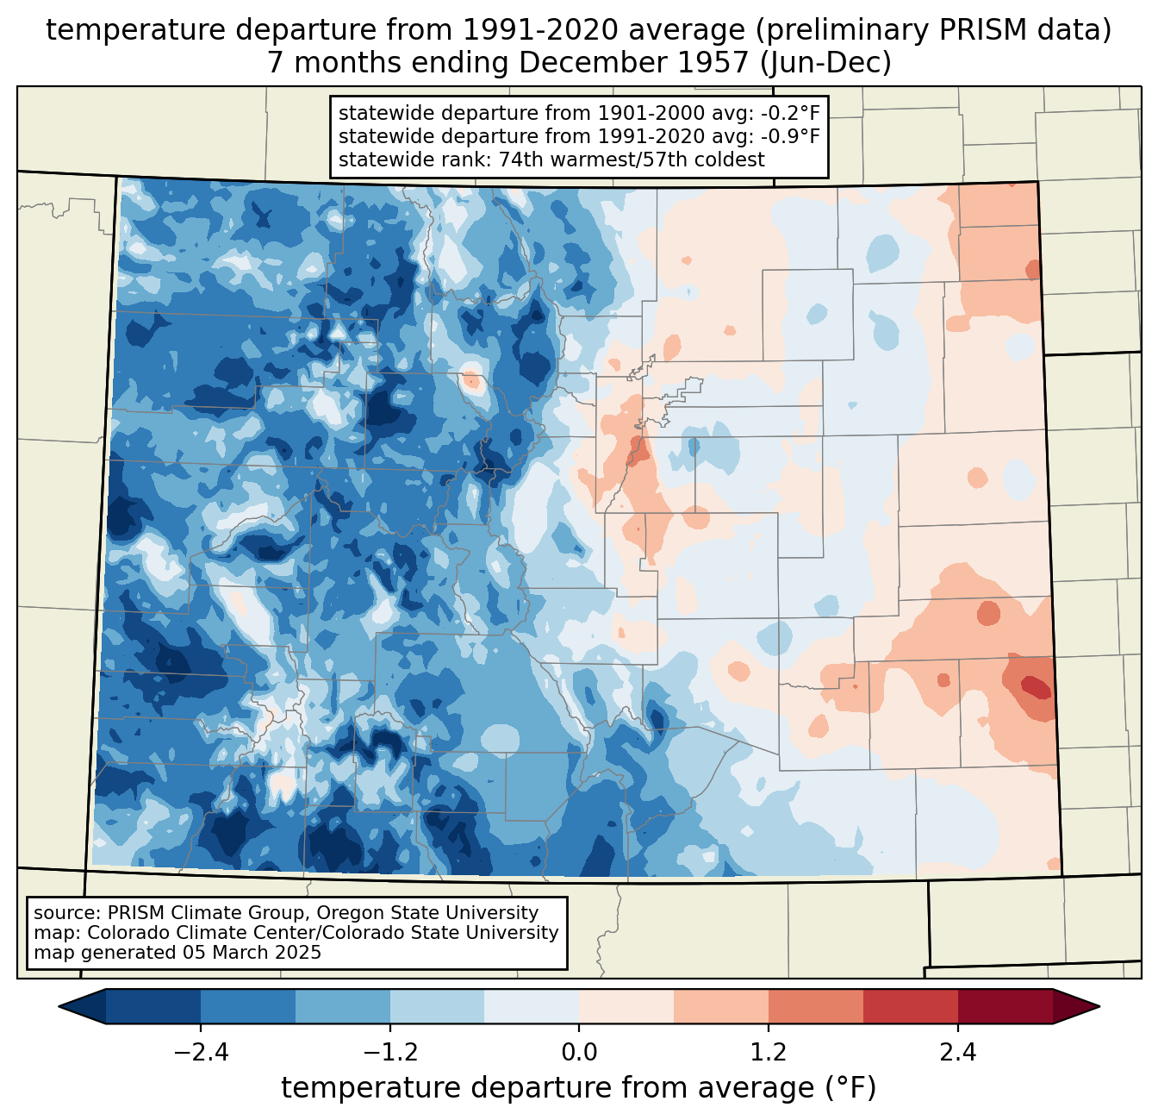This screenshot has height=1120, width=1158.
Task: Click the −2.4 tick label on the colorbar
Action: tap(200, 1053)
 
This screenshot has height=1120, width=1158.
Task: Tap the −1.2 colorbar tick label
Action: tap(389, 1053)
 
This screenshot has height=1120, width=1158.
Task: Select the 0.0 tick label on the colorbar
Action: tap(579, 1053)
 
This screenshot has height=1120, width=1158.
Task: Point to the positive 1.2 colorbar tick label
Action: tap(769, 1053)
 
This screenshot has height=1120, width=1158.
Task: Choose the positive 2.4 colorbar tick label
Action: tap(958, 1053)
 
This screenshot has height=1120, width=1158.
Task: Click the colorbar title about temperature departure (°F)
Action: tap(579, 1088)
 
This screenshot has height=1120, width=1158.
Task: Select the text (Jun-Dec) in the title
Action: tap(835, 63)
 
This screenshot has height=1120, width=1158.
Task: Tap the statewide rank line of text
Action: tap(551, 160)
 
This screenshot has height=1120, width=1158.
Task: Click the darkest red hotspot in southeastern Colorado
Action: tap(1037, 687)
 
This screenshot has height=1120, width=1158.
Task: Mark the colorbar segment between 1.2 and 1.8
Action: tap(816, 1006)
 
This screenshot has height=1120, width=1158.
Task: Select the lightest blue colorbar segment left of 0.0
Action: tap(532, 1006)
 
